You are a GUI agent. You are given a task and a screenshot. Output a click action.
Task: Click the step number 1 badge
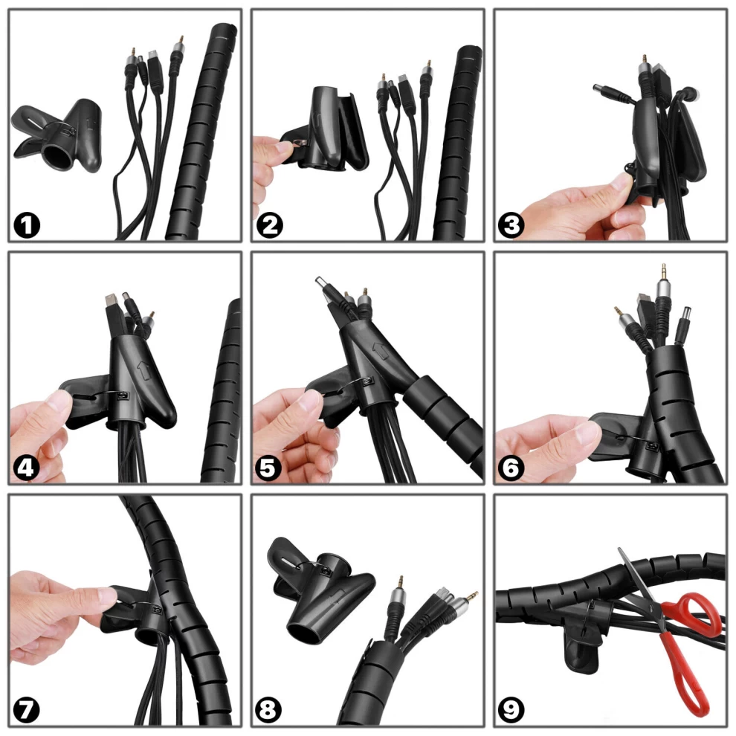click(27, 225)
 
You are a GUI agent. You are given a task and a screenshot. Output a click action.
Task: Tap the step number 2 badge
click(269, 225)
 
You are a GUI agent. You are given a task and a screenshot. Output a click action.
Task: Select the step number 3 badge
click(511, 225)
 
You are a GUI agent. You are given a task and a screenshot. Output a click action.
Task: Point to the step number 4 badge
click(26, 468)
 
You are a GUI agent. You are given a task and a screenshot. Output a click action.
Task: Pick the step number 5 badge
click(268, 468)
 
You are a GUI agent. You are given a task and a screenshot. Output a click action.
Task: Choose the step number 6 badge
click(511, 468)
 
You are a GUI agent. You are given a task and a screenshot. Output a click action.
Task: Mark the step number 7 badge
click(26, 710)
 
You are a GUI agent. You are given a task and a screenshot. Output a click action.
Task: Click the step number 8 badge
click(268, 710)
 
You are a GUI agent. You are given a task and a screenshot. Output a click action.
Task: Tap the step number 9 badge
click(511, 710)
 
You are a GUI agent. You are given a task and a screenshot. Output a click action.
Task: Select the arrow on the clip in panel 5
click(381, 351)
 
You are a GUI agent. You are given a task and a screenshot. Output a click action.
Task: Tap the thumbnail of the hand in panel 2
click(283, 148)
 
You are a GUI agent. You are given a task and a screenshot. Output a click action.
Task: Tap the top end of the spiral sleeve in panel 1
click(225, 31)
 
